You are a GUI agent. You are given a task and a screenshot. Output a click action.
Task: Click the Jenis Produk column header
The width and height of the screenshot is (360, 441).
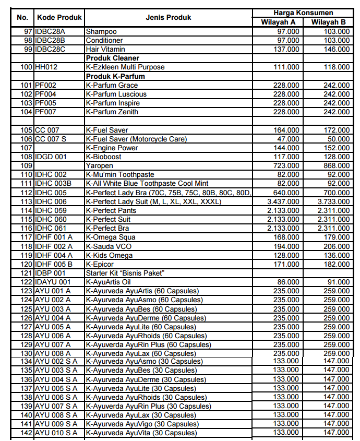[168, 17]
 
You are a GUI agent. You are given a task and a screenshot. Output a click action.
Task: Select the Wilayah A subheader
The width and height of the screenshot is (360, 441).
[278, 22]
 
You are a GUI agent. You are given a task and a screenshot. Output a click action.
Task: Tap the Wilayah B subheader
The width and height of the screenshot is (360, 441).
[328, 22]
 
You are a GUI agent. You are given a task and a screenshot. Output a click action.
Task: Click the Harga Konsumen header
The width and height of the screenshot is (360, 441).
[303, 13]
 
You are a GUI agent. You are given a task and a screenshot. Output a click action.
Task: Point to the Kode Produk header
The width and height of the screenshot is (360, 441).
[59, 17]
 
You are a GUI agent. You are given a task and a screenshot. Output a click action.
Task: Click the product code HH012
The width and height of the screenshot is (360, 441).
[46, 67]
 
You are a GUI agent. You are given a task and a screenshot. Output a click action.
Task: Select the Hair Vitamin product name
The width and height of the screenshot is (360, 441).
[105, 49]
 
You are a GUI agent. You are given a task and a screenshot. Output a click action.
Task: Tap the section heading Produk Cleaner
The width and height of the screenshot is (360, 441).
[112, 58]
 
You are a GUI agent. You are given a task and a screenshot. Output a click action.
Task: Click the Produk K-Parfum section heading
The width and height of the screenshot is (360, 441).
[115, 76]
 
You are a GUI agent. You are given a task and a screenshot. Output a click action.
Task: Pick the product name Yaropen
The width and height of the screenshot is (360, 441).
[99, 165]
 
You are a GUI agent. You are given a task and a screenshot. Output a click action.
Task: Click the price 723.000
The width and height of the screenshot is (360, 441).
[286, 165]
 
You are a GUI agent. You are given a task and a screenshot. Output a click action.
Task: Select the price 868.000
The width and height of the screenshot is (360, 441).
[337, 165]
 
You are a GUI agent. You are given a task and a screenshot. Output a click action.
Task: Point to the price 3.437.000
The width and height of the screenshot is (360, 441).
[283, 201]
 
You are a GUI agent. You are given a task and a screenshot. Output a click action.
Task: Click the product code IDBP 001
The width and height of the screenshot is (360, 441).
[50, 273]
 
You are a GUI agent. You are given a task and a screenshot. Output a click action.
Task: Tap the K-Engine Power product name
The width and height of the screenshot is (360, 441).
[112, 148]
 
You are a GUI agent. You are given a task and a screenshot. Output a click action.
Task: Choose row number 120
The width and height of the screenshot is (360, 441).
[27, 264]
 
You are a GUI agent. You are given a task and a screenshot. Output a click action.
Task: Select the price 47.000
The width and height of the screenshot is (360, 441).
[289, 139]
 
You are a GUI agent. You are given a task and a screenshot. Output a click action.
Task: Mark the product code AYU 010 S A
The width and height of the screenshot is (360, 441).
[56, 433]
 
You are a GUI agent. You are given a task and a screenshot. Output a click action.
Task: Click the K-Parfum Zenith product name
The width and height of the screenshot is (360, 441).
[112, 112]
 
